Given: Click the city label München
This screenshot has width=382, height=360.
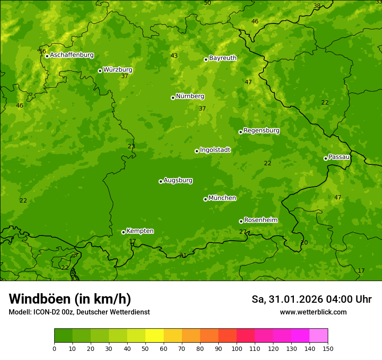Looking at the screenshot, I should tap(222, 198).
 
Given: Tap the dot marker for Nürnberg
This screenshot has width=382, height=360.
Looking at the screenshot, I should tap(173, 98).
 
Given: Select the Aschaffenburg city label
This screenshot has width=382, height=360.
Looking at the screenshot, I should tap(72, 55).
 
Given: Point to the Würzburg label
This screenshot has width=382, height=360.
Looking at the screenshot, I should tap(118, 70).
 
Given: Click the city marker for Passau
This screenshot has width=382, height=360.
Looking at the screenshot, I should tap(326, 158).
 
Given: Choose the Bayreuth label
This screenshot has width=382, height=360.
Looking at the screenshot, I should tap(223, 58).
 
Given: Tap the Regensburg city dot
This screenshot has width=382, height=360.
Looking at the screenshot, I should tap(240, 132).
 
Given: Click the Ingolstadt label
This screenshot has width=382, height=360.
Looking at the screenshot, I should tap(215, 150).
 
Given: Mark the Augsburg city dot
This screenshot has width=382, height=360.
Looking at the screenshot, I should tap(161, 181).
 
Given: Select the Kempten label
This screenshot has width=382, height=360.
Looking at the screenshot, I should tap(140, 231).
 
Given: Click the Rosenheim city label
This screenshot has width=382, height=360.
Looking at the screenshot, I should tap(260, 220).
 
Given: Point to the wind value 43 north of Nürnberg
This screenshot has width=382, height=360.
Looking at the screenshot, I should tap(174, 56).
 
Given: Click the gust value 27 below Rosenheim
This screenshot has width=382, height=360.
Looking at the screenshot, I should tap(243, 232).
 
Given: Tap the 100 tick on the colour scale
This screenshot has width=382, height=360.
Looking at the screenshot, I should tap(237, 348).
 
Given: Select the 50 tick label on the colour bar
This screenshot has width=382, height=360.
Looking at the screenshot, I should tap(145, 348).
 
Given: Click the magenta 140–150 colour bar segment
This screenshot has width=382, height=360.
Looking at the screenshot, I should tap(319, 336).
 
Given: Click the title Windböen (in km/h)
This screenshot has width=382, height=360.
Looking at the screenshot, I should tap(70, 299).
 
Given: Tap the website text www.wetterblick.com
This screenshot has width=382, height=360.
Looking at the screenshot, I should tap(313, 312).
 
